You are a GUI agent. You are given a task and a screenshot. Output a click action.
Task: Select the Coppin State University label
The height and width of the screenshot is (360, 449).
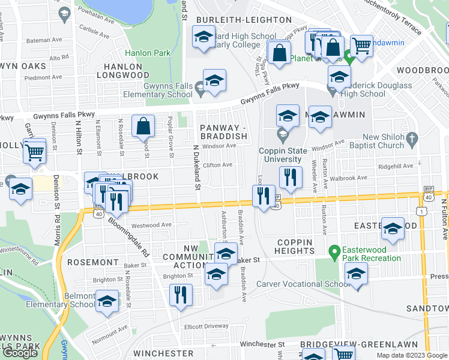pos(280,155)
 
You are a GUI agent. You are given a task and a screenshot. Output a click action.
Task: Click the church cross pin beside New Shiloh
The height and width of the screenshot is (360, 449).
pos(411,140)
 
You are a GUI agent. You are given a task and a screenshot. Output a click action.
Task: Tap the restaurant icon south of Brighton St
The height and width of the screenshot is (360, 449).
pos(179,294)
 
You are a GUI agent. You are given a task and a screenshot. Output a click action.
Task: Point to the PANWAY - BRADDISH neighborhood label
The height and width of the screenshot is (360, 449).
pos(224,132)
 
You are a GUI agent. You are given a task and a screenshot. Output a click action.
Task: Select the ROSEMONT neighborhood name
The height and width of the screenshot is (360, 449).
pos(92,262)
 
